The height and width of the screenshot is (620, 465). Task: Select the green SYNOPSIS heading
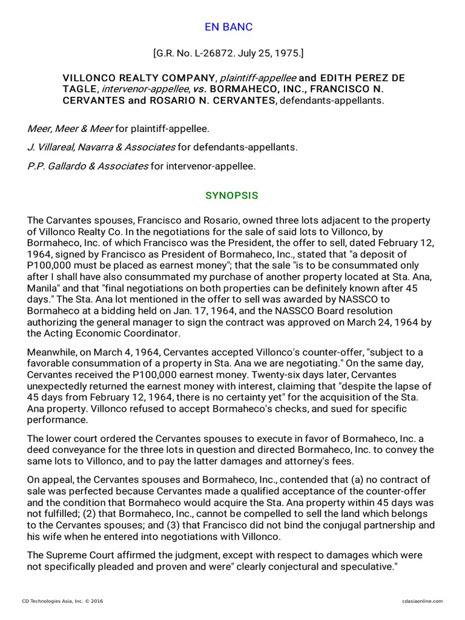[x=232, y=196]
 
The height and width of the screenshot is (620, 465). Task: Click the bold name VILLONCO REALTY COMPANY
[x=140, y=78]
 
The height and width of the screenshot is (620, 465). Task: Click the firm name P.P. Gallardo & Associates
[x=88, y=166]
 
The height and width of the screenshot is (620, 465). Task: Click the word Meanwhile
[x=53, y=353]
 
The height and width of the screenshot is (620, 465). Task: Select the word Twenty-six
[x=298, y=375]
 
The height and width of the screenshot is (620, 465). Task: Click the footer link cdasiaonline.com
[x=422, y=601]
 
